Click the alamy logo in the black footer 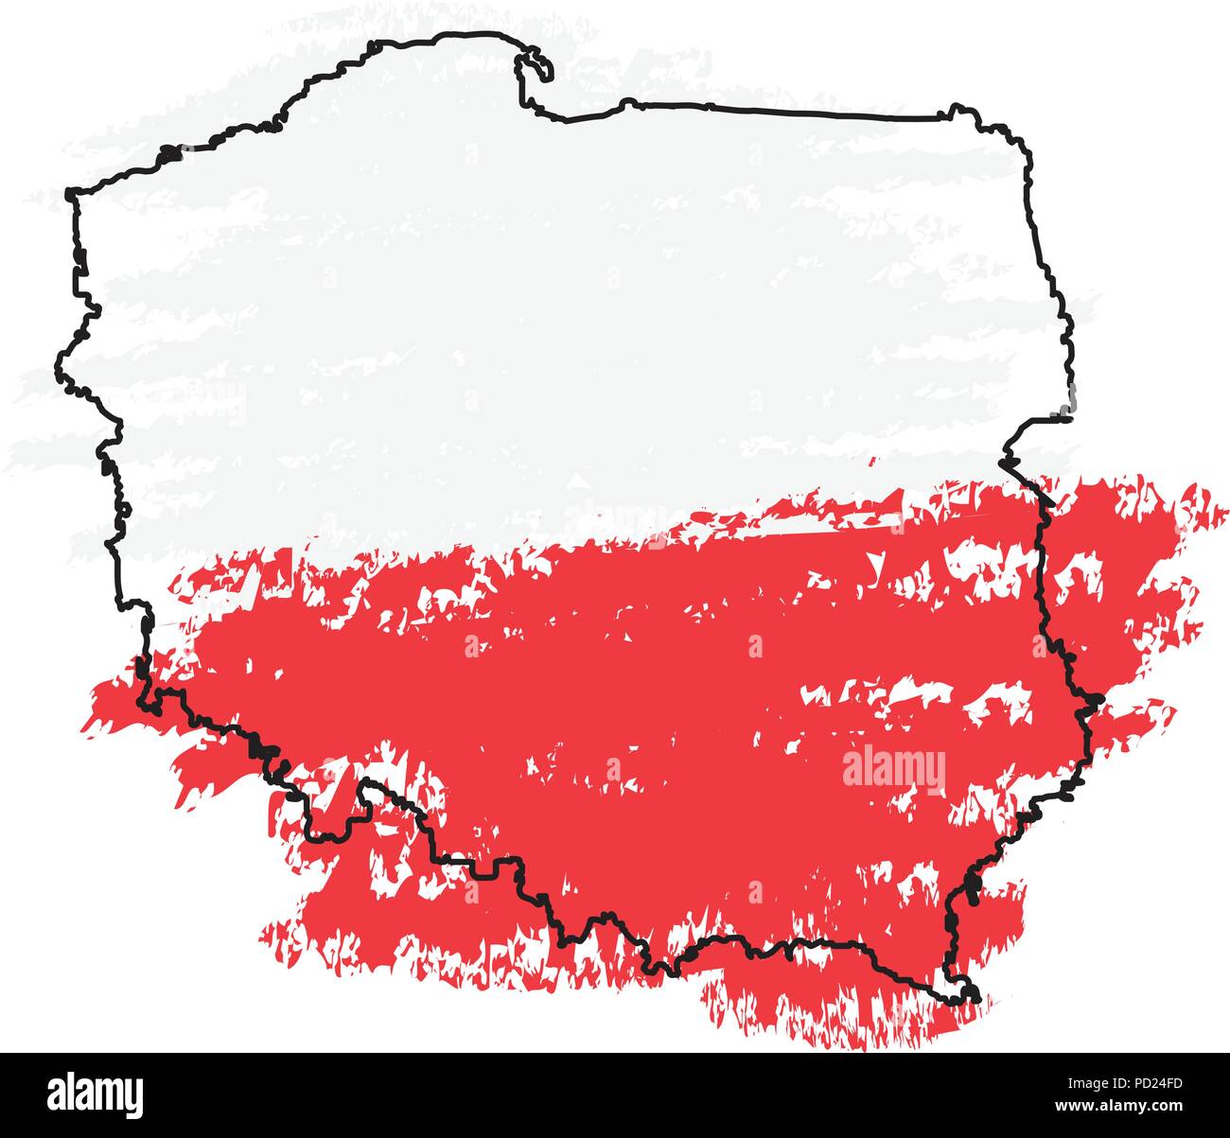point(95,1094)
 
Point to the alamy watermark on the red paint point(893,768)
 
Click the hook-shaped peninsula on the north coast point(536,66)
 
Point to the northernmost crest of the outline point(468,35)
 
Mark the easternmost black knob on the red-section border point(1097,701)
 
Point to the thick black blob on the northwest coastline point(168,151)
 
